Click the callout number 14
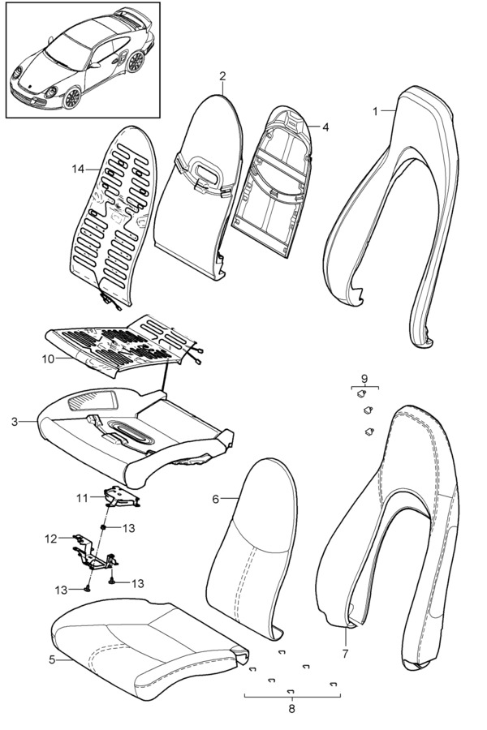point(78,169)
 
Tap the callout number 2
point(222,76)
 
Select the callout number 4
point(325,127)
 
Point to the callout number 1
point(375,111)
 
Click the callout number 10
point(48,359)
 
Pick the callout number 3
point(15,422)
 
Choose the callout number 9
point(364,379)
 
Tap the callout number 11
point(82,498)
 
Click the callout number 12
point(51,539)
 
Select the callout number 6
point(215,499)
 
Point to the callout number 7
point(345,654)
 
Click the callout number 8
point(292,709)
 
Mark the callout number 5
point(52,659)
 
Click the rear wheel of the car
point(136,62)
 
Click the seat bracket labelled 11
point(121,496)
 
